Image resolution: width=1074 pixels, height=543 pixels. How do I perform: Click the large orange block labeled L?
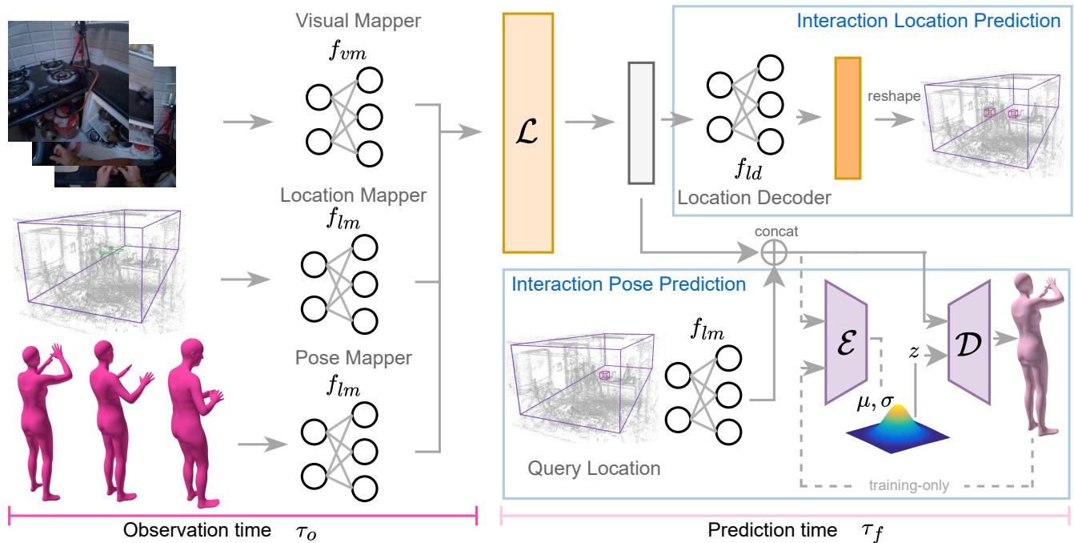527,133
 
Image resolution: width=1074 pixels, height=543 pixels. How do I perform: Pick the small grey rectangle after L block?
642,122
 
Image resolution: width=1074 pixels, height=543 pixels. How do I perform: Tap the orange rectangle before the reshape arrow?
847,118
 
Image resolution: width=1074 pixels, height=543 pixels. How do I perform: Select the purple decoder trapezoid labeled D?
970,330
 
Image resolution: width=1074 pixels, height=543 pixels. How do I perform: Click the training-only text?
913,484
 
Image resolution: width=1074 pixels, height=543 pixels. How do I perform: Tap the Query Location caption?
594,469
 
